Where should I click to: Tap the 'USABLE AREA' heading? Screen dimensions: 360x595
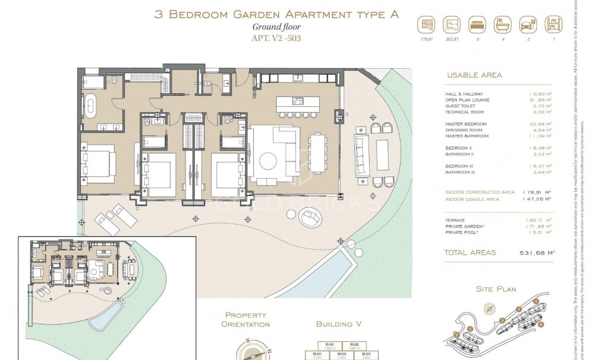tap(474, 75)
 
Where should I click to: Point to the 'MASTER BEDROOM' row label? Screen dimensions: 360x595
tap(466, 124)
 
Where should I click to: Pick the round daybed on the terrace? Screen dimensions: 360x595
tap(310, 218)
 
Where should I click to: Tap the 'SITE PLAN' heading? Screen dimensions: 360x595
tap(496, 289)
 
